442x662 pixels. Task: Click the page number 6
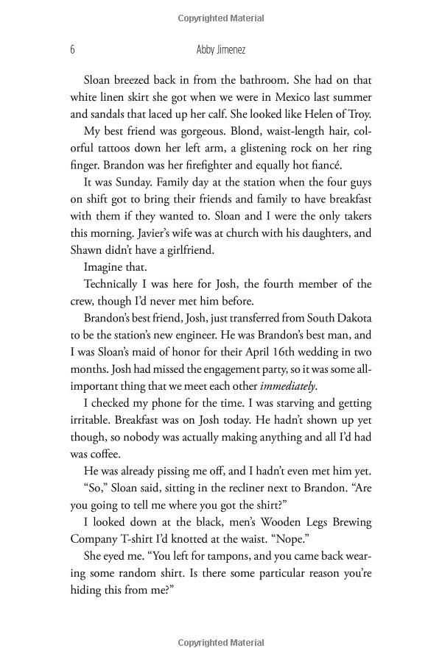[x=72, y=50]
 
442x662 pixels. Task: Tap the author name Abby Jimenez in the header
[x=220, y=50]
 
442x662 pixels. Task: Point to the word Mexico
[x=281, y=97]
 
